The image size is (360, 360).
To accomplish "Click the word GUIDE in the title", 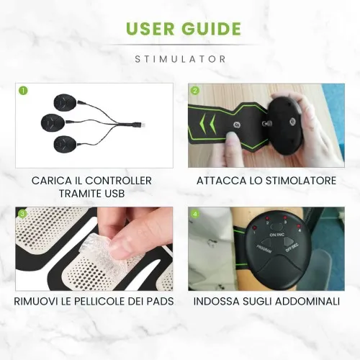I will pos(210,28).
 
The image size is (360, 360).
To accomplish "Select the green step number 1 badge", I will pos(23,91).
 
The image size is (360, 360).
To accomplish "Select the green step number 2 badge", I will pos(195,91).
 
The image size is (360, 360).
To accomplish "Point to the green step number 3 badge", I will pos(23,214).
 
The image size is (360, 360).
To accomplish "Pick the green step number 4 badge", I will pos(195,214).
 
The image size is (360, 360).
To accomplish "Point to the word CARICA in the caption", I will pos(54,179).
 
